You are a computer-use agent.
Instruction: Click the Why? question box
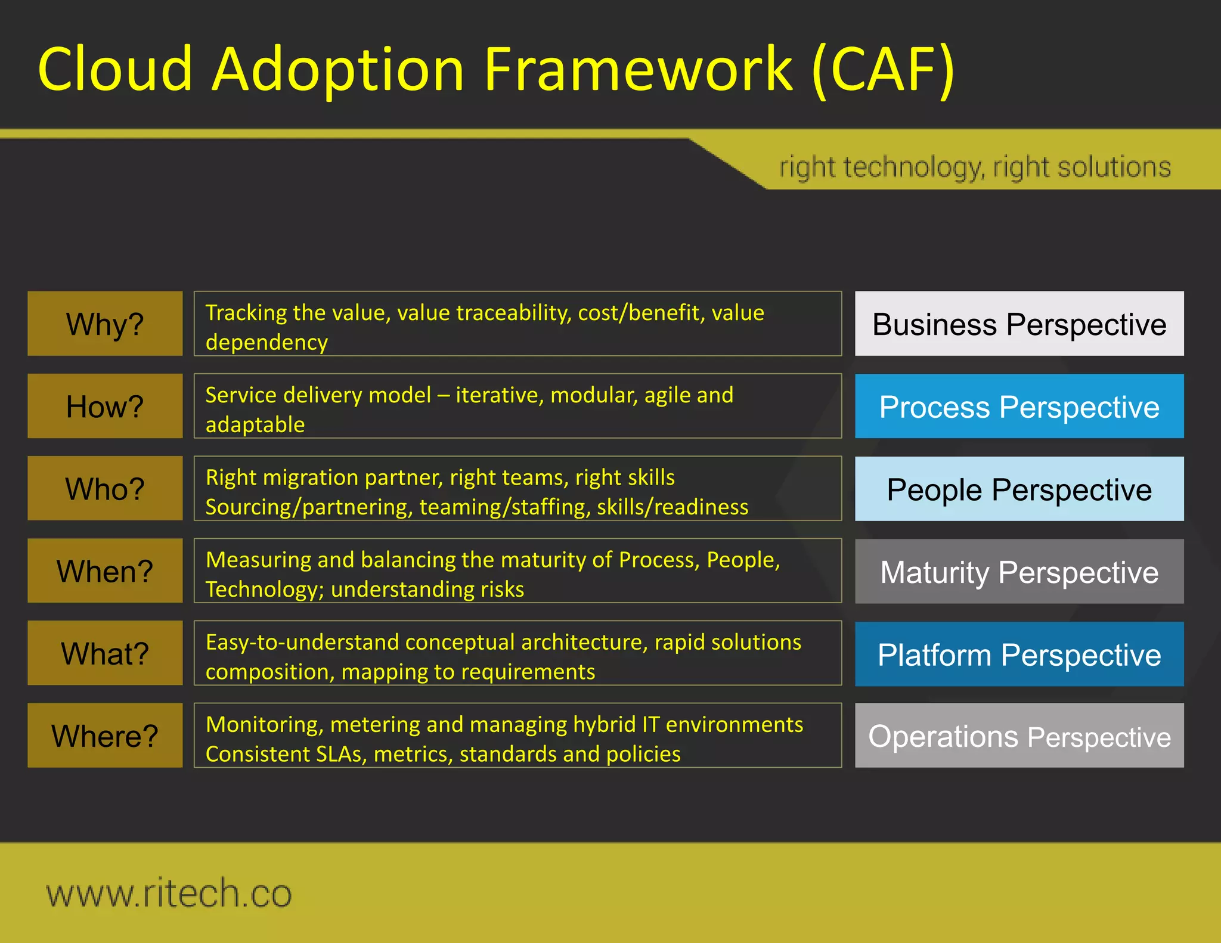click(x=105, y=324)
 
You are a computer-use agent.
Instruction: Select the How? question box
click(x=105, y=406)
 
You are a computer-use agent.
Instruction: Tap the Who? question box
click(x=105, y=488)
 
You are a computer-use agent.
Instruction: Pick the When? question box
click(x=105, y=570)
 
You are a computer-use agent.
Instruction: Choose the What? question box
click(x=105, y=653)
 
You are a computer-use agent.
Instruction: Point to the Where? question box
click(x=105, y=735)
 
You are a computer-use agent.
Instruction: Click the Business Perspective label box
click(x=1019, y=324)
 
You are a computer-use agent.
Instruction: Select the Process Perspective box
click(x=1019, y=406)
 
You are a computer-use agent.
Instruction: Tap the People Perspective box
click(x=1019, y=489)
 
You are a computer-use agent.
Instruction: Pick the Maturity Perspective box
click(x=1019, y=571)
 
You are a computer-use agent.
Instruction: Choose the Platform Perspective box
click(x=1019, y=654)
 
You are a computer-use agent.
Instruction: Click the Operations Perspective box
click(x=1019, y=736)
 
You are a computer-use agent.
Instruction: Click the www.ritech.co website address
click(x=169, y=893)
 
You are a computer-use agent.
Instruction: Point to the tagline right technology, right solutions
click(x=975, y=167)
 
